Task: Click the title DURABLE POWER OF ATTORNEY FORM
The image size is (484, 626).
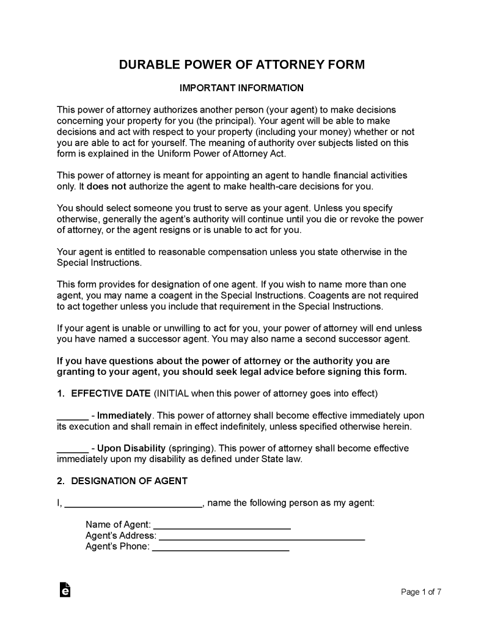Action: click(242, 65)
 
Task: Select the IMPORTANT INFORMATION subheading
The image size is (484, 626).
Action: click(242, 88)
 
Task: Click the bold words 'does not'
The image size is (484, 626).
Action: click(104, 186)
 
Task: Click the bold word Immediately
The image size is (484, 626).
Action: click(125, 416)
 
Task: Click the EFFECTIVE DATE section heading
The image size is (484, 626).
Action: click(111, 392)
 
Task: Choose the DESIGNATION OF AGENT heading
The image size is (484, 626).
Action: click(129, 481)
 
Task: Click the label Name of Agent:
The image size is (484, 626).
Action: click(118, 525)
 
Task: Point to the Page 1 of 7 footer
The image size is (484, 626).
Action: click(421, 592)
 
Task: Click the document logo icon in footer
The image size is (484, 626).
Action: click(65, 590)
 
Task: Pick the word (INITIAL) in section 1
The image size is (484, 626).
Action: click(174, 392)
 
